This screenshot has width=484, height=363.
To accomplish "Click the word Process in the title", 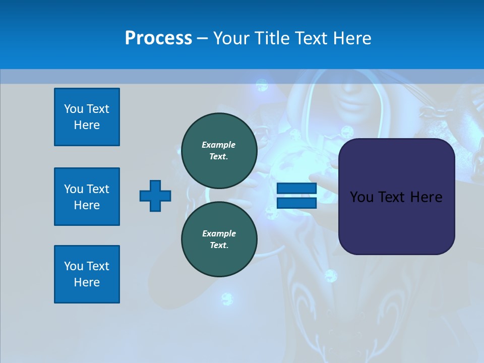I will (158, 38).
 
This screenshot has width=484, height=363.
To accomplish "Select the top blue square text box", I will (87, 117).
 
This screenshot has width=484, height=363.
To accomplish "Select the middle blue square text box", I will (87, 197).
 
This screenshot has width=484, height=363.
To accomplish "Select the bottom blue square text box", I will (87, 274).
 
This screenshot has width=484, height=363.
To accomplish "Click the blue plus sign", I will (155, 196).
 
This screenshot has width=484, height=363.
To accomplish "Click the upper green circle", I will (219, 151).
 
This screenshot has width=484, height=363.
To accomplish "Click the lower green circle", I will (219, 239).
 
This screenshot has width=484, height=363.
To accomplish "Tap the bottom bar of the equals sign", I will (296, 203).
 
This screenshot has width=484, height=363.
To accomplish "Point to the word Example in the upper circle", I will (219, 145).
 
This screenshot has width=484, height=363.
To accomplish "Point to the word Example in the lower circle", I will (219, 233).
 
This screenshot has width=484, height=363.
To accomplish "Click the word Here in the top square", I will (87, 125).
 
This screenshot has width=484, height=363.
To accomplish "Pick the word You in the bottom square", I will (73, 266).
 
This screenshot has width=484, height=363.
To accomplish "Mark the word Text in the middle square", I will (97, 189).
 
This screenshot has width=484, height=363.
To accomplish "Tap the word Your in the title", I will (231, 38).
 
